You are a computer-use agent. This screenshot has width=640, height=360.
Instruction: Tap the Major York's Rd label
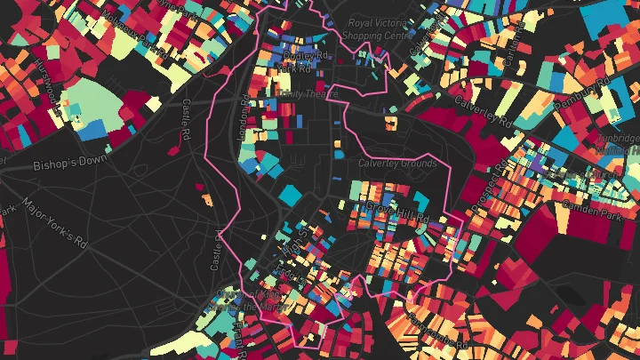pyautogui.click(x=56, y=226)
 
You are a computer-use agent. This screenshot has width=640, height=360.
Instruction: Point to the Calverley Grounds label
pyautogui.click(x=397, y=164)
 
